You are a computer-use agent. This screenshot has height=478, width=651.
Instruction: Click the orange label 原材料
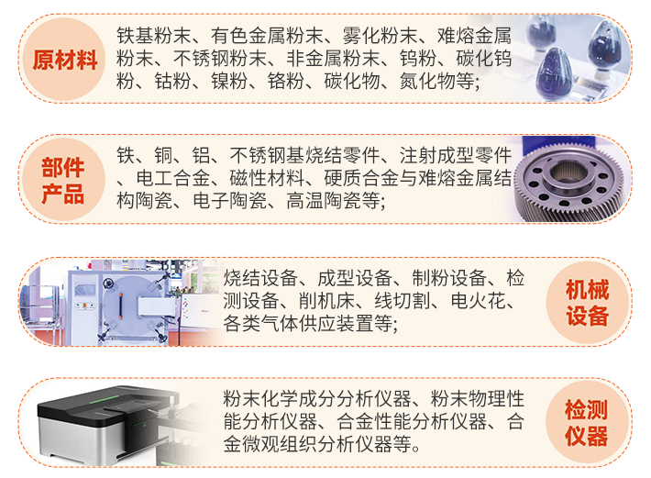click(65, 61)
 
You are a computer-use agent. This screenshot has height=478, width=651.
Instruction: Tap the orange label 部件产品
click(63, 181)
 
